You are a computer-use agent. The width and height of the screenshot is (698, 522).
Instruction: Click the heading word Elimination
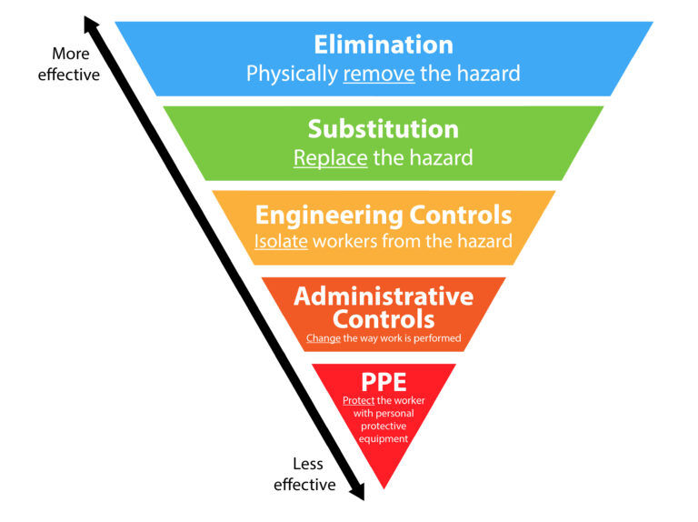click(383, 45)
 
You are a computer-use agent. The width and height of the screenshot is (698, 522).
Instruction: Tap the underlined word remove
click(378, 74)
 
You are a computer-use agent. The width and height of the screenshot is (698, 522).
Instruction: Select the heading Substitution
click(383, 128)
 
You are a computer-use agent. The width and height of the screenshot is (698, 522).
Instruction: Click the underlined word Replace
click(330, 157)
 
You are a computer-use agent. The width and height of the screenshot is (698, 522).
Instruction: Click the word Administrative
click(383, 296)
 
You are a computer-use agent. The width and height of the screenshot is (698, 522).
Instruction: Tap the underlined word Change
click(323, 338)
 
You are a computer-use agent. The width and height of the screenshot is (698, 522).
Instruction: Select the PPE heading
click(383, 379)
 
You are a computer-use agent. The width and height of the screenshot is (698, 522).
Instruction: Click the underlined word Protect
click(358, 401)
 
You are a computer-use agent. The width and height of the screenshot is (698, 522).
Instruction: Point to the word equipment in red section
click(383, 438)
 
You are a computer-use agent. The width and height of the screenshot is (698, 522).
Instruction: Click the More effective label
click(69, 65)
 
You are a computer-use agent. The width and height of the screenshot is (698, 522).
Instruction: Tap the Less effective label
click(305, 474)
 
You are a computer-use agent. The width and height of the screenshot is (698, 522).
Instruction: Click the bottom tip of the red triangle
click(384, 487)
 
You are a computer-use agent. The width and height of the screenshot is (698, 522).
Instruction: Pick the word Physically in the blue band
click(292, 74)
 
